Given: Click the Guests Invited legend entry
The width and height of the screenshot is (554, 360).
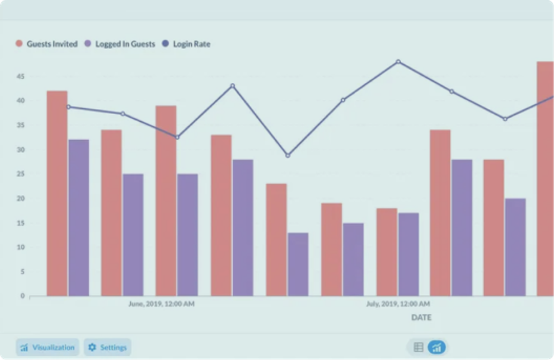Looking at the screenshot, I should pyautogui.click(x=46, y=44).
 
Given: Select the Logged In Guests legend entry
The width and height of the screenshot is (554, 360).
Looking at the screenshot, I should pyautogui.click(x=119, y=44).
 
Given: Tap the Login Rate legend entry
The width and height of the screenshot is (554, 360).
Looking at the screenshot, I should pyautogui.click(x=186, y=44).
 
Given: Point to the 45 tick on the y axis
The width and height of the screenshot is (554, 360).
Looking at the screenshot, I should pyautogui.click(x=22, y=76).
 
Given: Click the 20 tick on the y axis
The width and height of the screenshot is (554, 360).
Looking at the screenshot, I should pyautogui.click(x=22, y=198).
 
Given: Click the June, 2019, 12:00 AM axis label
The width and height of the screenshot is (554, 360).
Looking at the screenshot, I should pyautogui.click(x=161, y=304).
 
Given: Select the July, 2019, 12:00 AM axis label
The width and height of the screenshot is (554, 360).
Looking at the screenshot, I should pyautogui.click(x=397, y=304).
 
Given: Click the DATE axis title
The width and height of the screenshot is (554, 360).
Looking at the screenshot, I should pyautogui.click(x=421, y=318).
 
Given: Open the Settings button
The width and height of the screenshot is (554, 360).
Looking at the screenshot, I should pyautogui.click(x=108, y=347).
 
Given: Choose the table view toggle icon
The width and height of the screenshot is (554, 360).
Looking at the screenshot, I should pyautogui.click(x=418, y=347).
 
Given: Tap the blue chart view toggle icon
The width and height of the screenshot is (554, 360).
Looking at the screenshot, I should pyautogui.click(x=437, y=347).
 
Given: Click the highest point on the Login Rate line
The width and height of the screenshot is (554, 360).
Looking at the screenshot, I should pyautogui.click(x=398, y=61).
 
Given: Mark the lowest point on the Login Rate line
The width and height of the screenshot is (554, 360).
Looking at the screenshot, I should pyautogui.click(x=288, y=156).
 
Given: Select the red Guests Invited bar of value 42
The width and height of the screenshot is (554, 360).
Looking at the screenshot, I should pyautogui.click(x=57, y=194).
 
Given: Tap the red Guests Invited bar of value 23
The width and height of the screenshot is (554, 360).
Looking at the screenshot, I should pyautogui.click(x=276, y=240).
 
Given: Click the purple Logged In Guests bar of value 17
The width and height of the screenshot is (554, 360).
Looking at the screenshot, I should pyautogui.click(x=408, y=254).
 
